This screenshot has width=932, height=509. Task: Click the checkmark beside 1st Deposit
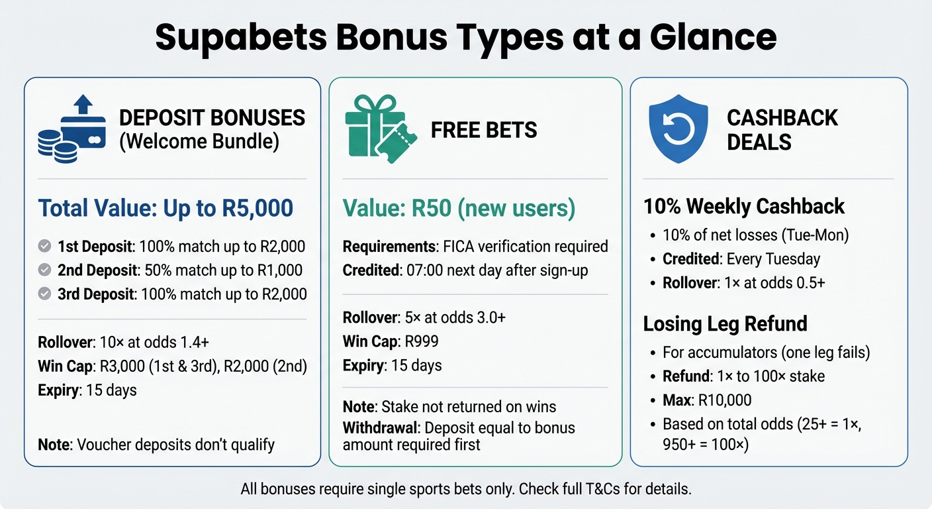45,247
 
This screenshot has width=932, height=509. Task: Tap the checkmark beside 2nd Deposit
45,270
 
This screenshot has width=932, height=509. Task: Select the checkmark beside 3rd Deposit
45,294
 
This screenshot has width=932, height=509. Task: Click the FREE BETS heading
484,130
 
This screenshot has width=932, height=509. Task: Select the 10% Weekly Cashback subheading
744,206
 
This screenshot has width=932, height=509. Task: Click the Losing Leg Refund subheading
725,323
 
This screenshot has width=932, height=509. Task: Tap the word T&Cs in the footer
612,490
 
